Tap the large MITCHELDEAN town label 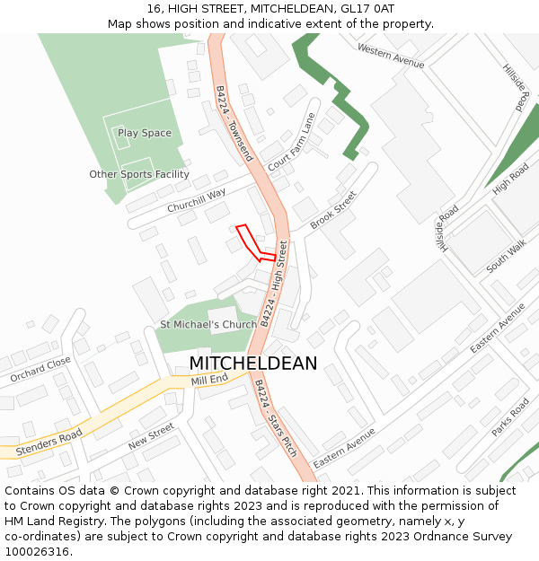tap(252, 364)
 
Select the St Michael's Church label tap(208, 324)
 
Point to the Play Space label tap(145, 134)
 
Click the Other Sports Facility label tap(139, 174)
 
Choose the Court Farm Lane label tap(292, 142)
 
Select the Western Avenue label tap(390, 56)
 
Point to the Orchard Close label tap(40, 370)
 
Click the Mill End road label tap(209, 381)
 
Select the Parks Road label tap(511, 417)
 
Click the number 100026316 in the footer tap(39, 551)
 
